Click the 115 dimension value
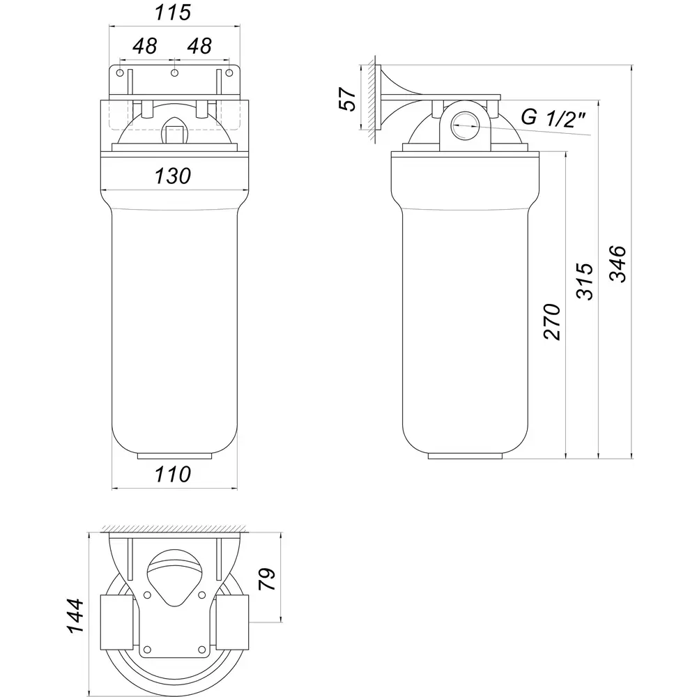coord(173,13)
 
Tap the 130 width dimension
coord(173,176)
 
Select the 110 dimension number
coord(173,474)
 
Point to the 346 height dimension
coord(618,263)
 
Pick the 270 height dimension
coord(552,322)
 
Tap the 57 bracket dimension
coord(348,99)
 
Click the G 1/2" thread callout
coord(553,118)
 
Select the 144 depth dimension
coord(75,615)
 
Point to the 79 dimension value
coord(267,579)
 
